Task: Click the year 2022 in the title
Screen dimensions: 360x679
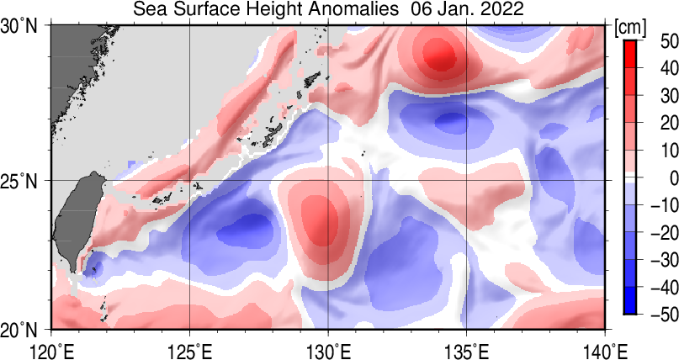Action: pyautogui.click(x=500, y=10)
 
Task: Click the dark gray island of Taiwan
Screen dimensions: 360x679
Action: pyautogui.click(x=76, y=227)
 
